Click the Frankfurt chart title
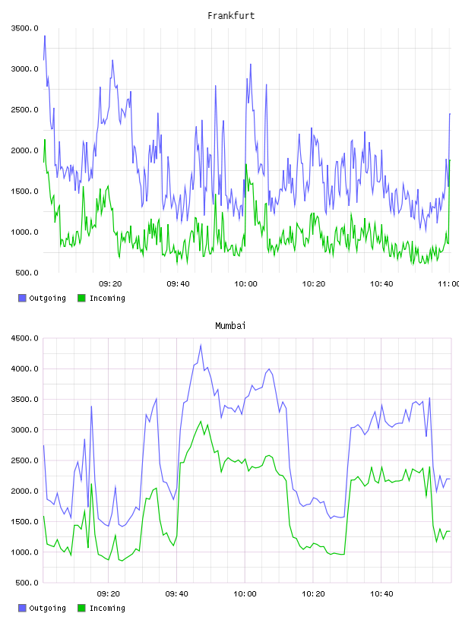231,16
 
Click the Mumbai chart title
230,326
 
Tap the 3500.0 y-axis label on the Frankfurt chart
25,28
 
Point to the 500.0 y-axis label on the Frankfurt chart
27,273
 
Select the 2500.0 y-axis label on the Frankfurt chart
25,109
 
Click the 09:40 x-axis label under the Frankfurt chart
178,284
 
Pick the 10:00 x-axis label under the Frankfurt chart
245,284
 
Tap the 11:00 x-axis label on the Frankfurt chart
448,284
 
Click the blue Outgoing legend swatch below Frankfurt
22,298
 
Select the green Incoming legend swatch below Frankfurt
81,298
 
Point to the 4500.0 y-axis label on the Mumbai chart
25,338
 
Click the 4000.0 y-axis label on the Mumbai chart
25,369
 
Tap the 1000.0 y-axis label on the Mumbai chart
25,552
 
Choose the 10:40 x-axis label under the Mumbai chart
381,594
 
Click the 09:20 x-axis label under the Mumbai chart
109,594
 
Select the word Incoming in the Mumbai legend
107,608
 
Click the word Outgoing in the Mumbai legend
47,608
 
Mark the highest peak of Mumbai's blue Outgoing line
201,345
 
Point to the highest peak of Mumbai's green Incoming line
201,422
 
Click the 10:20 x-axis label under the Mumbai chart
313,594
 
